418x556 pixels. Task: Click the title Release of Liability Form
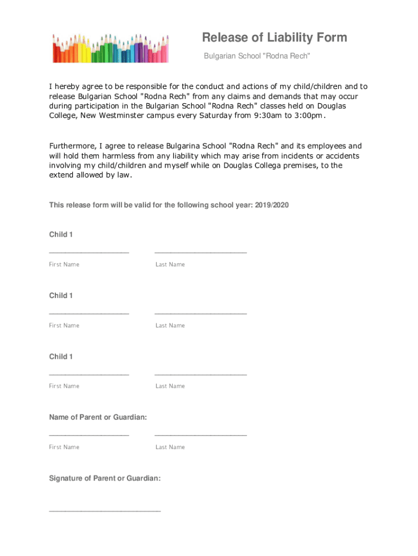[274, 37]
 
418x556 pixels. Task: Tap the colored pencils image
[111, 48]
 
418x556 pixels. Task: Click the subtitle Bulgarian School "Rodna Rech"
[256, 56]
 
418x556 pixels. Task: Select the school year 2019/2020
[274, 205]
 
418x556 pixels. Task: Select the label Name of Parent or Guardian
[98, 417]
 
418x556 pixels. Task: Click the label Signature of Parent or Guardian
[105, 478]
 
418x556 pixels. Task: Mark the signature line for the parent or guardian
[105, 509]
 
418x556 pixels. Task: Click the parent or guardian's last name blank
[200, 433]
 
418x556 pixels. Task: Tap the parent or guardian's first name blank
[89, 433]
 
